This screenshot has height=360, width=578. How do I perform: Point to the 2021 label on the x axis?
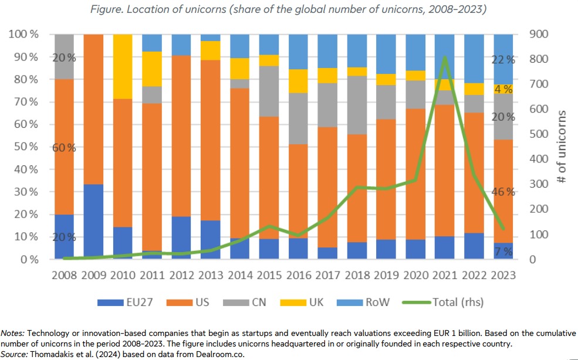(444, 275)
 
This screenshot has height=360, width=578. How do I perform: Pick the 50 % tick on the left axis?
(23, 147)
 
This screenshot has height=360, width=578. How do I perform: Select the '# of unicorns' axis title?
(562, 146)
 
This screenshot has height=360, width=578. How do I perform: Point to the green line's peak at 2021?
(445, 57)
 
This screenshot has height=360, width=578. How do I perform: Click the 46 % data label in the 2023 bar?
(502, 192)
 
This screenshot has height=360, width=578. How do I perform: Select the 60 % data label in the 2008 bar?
(64, 148)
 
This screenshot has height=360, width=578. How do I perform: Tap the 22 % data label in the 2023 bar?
(502, 59)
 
